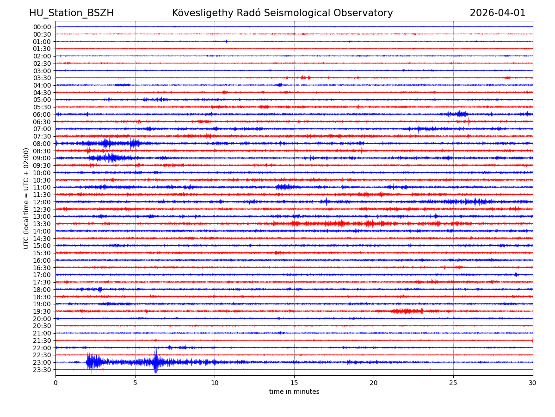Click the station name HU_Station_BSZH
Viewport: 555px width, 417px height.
(71, 13)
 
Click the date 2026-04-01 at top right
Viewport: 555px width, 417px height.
(498, 13)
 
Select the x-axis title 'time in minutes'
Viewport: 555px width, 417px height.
(294, 392)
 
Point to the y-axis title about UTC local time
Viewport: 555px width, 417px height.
(26, 198)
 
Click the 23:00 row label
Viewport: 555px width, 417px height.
(42, 362)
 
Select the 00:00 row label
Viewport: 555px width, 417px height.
(42, 27)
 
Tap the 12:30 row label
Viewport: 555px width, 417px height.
(42, 209)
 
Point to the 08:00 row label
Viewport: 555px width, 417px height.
(42, 144)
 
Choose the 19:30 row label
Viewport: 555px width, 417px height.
(42, 311)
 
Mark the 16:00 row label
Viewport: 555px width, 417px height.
(42, 260)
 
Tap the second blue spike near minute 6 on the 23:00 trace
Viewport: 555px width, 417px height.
(156, 362)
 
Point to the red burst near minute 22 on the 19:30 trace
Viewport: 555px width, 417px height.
(406, 311)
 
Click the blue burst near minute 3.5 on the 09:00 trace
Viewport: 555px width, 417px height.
(111, 158)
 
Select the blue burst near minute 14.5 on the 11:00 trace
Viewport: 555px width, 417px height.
(285, 187)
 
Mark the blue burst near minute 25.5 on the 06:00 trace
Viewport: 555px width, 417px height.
(461, 114)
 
